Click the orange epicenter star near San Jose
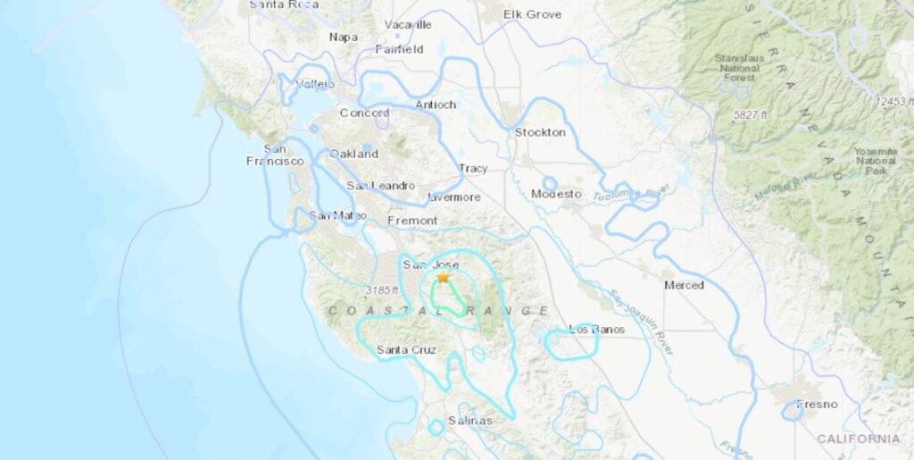(x=443, y=279)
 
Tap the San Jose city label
(x=430, y=265)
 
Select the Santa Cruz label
(x=406, y=350)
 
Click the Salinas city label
(x=469, y=420)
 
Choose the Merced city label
(x=684, y=285)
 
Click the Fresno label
(x=817, y=404)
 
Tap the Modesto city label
(x=556, y=194)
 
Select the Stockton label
(x=540, y=132)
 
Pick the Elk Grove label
(x=532, y=14)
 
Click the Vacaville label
(x=408, y=24)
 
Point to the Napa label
(x=343, y=37)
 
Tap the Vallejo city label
(x=314, y=84)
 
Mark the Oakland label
(x=354, y=154)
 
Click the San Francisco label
(x=275, y=155)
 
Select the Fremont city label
(x=412, y=220)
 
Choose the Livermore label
(x=454, y=197)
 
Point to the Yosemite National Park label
(x=875, y=161)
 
